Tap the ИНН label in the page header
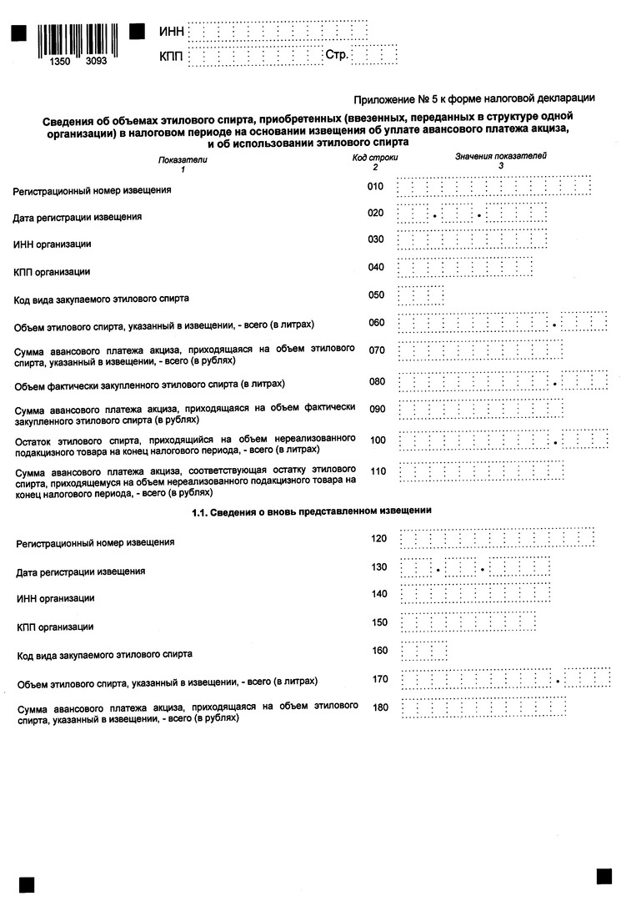pos(170,33)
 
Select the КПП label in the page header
pos(170,57)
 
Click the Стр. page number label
pos(336,56)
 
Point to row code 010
pos(375,187)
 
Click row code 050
pos(375,294)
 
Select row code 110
pos(378,471)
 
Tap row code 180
pos(380,708)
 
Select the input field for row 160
pos(423,650)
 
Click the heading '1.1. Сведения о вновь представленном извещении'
pos(312,511)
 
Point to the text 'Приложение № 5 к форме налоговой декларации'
pos(474,98)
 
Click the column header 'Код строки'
pos(375,157)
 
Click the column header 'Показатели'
pos(182,159)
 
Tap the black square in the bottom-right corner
pos(604,876)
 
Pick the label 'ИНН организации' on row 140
pos(56,598)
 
